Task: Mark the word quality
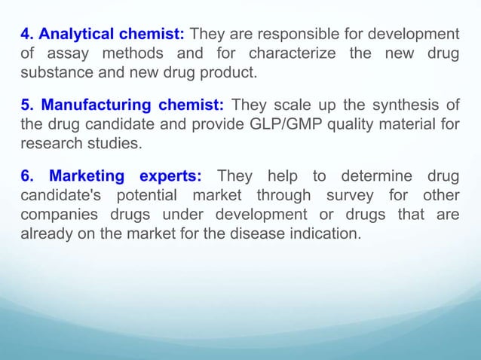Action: [x=339, y=124]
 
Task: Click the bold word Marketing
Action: [x=87, y=176]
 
